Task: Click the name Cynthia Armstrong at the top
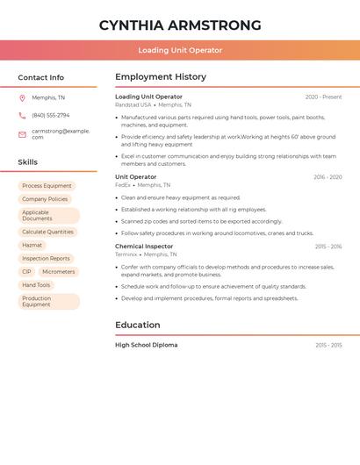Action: click(179, 25)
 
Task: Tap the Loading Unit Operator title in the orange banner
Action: click(179, 50)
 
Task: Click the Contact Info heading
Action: click(40, 77)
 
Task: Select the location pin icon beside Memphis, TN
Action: click(22, 97)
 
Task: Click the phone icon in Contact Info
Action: click(22, 115)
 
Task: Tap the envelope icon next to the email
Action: click(22, 134)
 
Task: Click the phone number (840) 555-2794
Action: click(50, 115)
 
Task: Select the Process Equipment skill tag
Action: click(47, 186)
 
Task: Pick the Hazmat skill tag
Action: click(32, 245)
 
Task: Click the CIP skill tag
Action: click(26, 272)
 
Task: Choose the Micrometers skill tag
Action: click(59, 272)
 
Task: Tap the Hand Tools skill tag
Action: click(36, 285)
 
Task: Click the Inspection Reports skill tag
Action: click(46, 259)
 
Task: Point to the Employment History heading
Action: click(160, 77)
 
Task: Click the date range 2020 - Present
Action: click(323, 97)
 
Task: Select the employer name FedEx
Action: click(122, 185)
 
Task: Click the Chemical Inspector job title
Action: click(144, 247)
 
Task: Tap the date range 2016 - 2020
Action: click(328, 177)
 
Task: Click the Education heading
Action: click(137, 325)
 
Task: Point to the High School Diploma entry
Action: click(146, 345)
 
